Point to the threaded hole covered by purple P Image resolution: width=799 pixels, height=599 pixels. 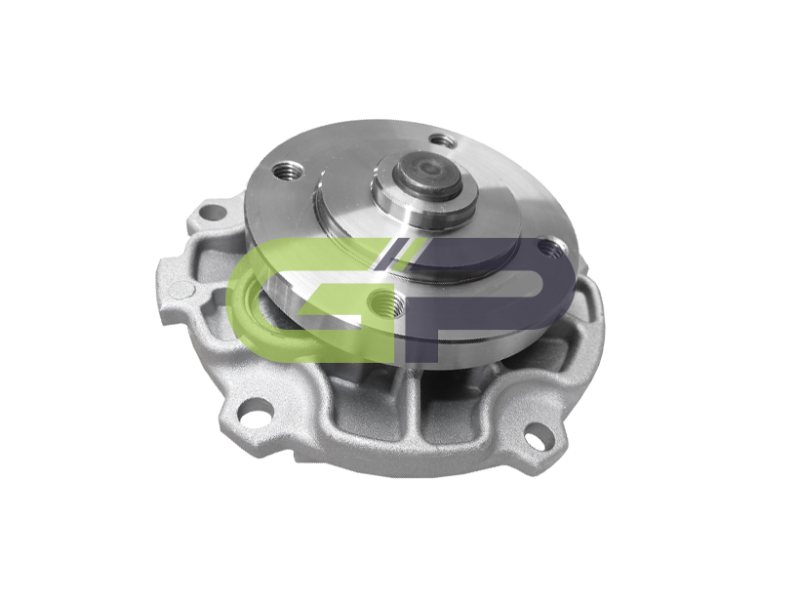point(549,249)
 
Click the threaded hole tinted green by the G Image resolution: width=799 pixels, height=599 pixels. point(386,304)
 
